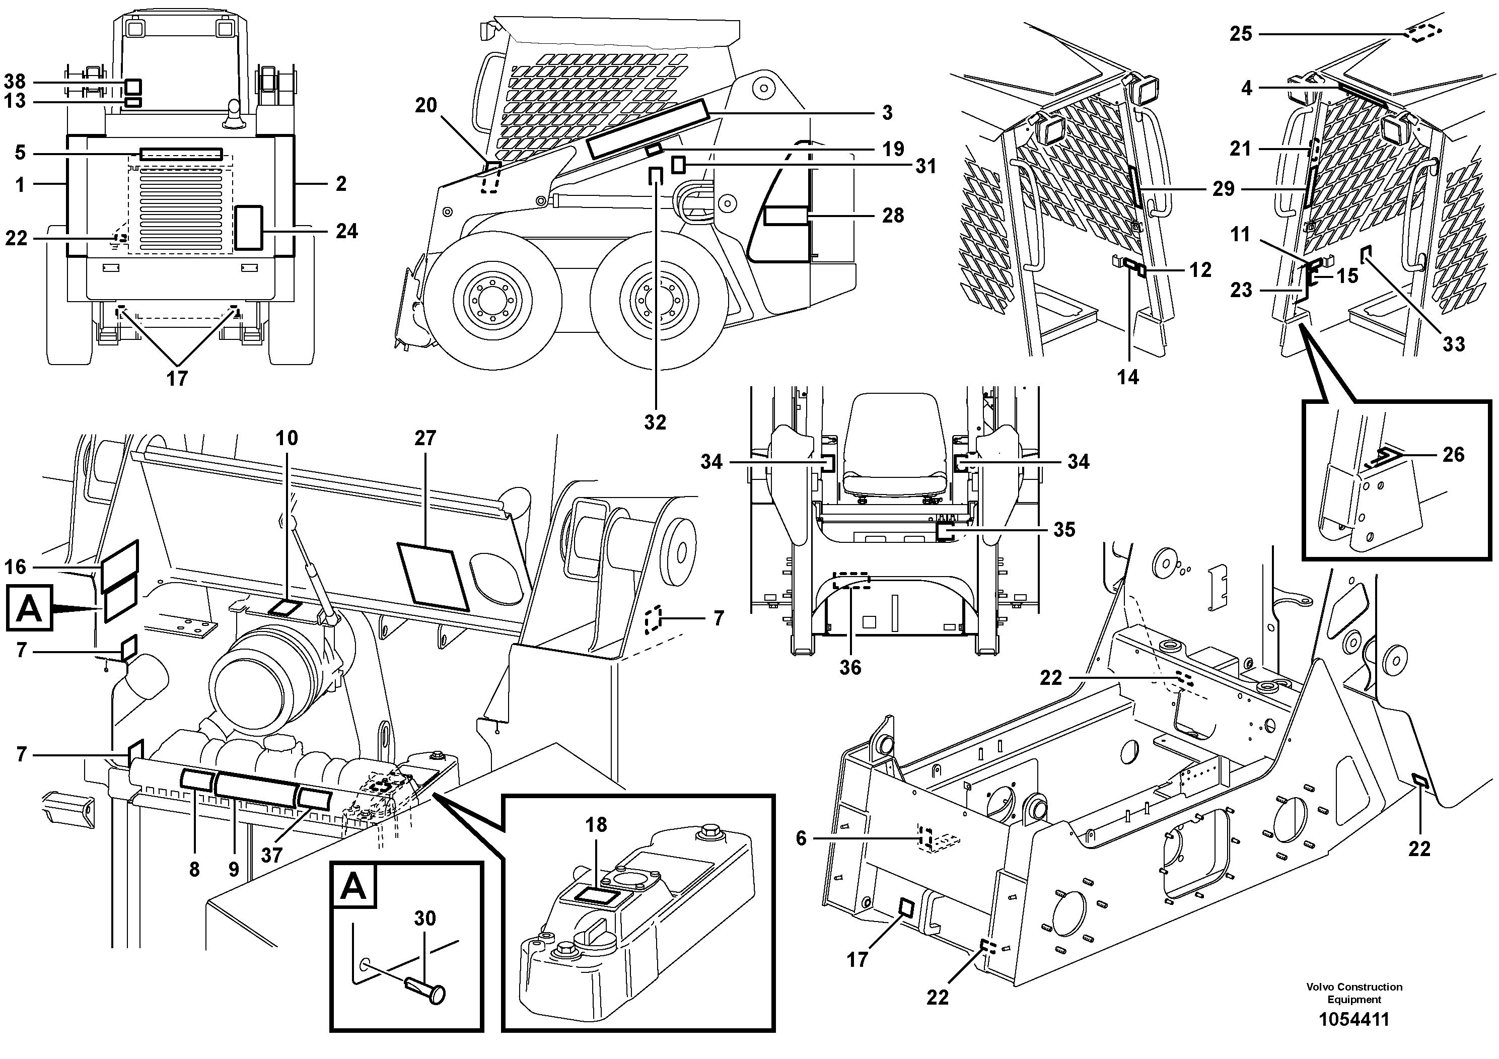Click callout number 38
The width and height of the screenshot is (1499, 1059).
15,82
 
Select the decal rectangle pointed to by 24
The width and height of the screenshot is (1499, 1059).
248,227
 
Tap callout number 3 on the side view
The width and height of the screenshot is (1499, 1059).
887,112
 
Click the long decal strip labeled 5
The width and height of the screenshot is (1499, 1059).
181,154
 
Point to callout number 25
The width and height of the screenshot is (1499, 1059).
1241,33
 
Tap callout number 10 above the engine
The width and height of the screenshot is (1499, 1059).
287,438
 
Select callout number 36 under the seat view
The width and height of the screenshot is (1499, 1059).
850,667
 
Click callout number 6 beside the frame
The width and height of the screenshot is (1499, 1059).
801,838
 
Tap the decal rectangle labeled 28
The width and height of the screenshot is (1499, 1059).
787,216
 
